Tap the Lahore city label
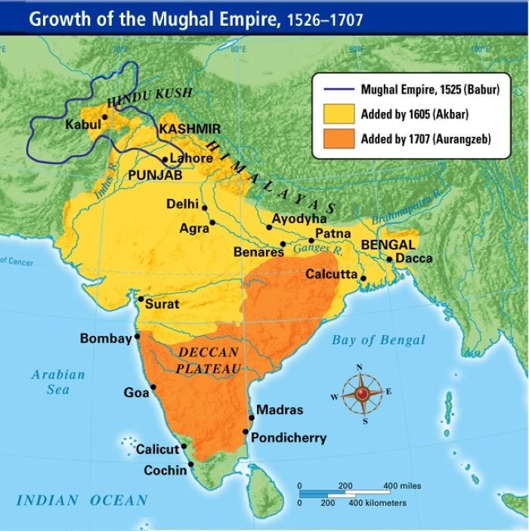point(193,159)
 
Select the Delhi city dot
point(204,207)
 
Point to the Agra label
point(193,228)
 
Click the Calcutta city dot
point(363,278)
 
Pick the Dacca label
point(415,259)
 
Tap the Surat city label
point(162,304)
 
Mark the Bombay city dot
point(138,337)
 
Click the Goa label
point(136,393)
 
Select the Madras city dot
point(252,417)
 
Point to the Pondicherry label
point(289,437)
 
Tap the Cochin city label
point(166,470)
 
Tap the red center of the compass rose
point(360,393)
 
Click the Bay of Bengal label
point(378,340)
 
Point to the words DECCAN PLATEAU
point(209,361)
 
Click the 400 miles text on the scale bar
point(403,486)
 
